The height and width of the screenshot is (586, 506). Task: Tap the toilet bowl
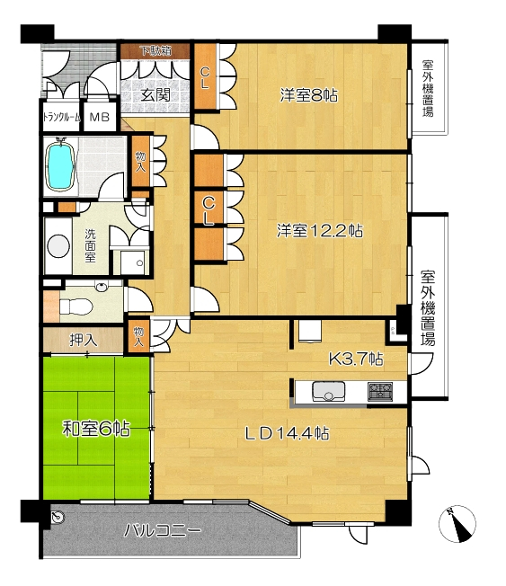coord(76,307)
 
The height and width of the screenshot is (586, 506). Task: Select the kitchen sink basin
coord(328,391)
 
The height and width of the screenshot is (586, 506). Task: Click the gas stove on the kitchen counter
coord(380,391)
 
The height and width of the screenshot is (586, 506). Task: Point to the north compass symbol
coord(457,524)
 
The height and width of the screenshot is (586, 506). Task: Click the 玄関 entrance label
coord(155,95)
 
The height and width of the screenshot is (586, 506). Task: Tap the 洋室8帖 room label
coord(309,95)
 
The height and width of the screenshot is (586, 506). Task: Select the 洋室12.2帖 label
coord(320,230)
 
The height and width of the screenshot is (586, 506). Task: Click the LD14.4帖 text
coord(287,433)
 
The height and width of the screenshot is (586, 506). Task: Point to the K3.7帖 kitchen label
coord(356,360)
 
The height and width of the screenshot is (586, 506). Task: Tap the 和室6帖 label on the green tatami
coord(96,429)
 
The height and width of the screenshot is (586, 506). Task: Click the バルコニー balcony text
coord(163,530)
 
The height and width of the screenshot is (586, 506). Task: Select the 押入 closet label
coord(84,340)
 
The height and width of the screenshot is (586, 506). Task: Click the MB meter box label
coord(100,118)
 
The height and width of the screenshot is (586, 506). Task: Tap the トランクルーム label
coord(62,118)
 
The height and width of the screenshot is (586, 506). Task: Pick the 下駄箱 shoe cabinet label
coord(155,50)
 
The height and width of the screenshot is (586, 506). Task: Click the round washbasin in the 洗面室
coord(58,245)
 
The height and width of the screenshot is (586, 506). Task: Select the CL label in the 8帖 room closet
coord(204,77)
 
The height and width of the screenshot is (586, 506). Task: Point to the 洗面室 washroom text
coord(90,245)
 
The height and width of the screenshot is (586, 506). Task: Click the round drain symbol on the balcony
coord(58,517)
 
